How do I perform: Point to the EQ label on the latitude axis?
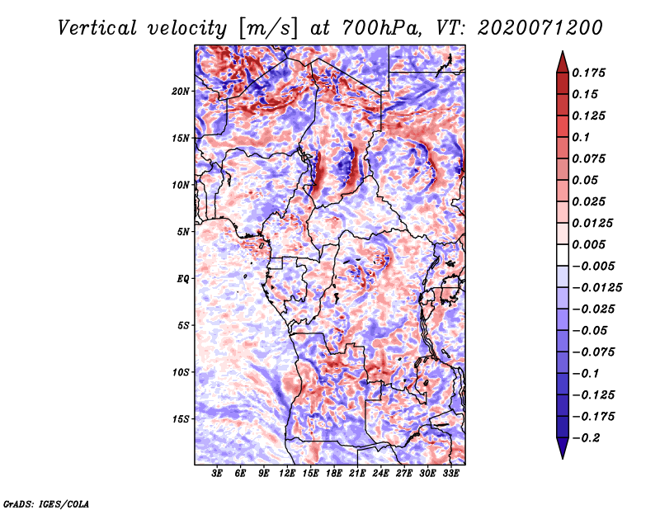click(183, 279)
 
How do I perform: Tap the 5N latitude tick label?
click(183, 232)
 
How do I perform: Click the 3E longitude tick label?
click(217, 475)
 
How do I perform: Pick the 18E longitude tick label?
click(334, 475)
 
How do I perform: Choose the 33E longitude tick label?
click(450, 475)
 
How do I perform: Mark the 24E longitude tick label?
click(381, 475)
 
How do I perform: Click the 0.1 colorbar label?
click(582, 137)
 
